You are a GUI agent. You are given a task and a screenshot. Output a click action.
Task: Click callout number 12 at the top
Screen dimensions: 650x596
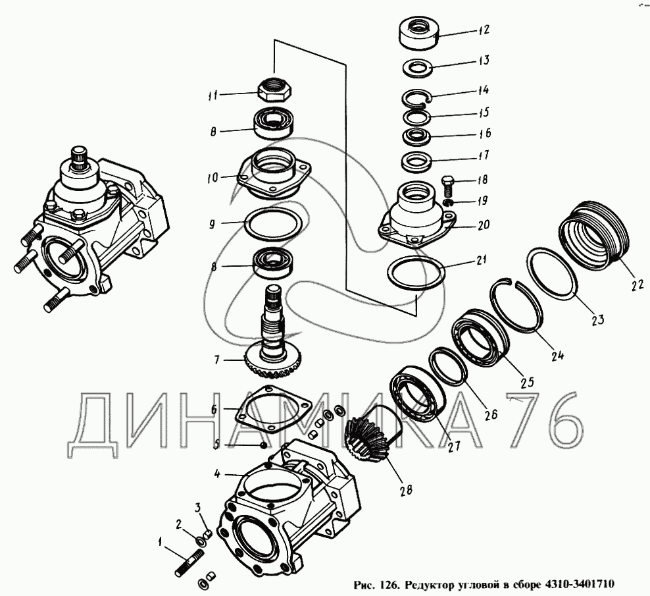pos(484,30)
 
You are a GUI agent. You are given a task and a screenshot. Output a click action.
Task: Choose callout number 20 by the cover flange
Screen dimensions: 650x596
pos(484,225)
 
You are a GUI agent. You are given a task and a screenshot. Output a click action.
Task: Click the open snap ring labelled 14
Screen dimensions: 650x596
pos(416,99)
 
